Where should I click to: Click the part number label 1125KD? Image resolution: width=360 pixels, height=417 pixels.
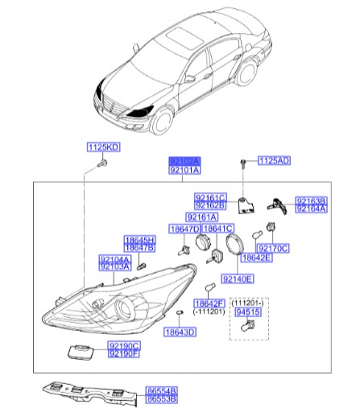(103, 147)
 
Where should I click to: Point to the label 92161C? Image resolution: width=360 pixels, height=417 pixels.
(211, 197)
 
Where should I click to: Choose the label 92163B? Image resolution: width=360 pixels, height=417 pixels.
(310, 200)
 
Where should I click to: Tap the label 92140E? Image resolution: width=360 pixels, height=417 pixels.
(237, 279)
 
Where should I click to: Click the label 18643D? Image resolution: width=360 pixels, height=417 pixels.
(179, 331)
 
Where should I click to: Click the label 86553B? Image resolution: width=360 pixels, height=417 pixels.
(161, 398)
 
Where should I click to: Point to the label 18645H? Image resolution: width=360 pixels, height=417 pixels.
(139, 240)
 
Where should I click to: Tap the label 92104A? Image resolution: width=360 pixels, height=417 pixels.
(114, 258)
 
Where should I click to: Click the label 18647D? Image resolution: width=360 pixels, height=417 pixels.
(184, 229)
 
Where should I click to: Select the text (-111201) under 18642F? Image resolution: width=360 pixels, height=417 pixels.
(209, 310)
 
